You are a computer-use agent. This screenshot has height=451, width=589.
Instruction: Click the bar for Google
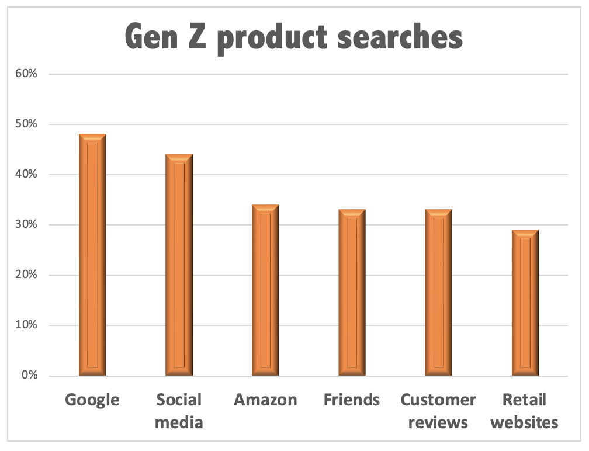point(92,255)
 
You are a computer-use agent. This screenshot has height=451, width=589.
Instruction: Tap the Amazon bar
point(265,290)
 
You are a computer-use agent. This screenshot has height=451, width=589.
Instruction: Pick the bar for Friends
point(352,292)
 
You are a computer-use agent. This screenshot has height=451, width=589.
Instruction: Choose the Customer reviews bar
point(438,292)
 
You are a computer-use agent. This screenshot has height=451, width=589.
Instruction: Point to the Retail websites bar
point(525,302)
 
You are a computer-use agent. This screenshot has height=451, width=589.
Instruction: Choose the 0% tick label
point(30,375)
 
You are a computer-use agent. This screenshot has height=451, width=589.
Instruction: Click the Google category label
point(92,400)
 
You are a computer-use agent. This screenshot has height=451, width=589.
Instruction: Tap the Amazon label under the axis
point(265,400)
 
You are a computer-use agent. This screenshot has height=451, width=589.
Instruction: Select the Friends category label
point(352,400)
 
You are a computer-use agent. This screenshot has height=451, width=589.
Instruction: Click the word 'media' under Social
point(179,422)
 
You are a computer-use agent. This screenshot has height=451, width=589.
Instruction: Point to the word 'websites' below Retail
point(525,422)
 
